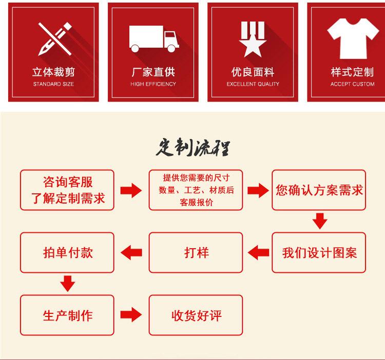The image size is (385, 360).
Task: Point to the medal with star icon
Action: pos(253,38)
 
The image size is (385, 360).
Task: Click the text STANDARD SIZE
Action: pos(53,84)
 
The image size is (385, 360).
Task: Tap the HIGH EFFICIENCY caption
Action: pos(153,84)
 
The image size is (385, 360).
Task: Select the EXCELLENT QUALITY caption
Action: pos(253,84)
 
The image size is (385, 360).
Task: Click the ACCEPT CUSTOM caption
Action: pos(353,84)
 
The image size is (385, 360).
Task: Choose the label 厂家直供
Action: pos(153,72)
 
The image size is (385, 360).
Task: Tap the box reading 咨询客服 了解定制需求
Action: pos(67,190)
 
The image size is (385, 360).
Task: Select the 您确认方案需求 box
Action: pos(319,190)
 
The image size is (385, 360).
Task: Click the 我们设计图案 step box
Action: pos(319,252)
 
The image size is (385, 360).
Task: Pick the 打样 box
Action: pos(196,252)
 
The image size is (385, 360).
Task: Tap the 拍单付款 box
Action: pos(67,252)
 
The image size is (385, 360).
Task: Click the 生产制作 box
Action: pos(67,315)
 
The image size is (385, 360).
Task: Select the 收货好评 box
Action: pos(196,315)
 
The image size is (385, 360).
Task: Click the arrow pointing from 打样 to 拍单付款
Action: pos(131,252)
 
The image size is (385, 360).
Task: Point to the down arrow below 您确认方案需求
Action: pos(320,221)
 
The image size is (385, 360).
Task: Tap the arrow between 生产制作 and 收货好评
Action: pos(131,314)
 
